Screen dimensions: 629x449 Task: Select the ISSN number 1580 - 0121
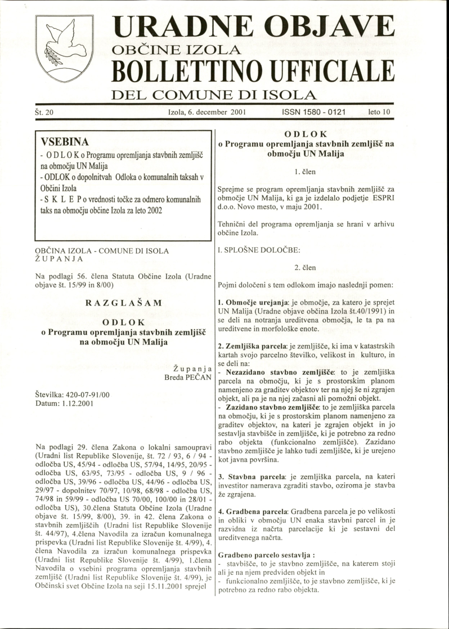click(313, 113)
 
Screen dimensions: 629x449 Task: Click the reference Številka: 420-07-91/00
click(73, 396)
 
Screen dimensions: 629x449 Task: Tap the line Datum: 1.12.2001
click(64, 404)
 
